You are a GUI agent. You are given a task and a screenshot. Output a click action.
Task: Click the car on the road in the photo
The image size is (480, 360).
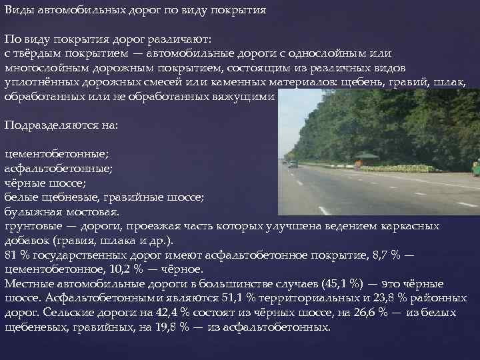click(293, 163)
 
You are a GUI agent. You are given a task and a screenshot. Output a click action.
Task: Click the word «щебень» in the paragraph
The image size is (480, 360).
click(363, 82)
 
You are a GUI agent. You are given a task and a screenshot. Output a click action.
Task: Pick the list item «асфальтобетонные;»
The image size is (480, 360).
click(59, 169)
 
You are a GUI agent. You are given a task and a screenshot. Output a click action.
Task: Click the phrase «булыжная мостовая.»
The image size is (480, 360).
click(62, 211)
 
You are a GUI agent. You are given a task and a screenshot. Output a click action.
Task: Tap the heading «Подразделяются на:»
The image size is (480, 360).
click(61, 125)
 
